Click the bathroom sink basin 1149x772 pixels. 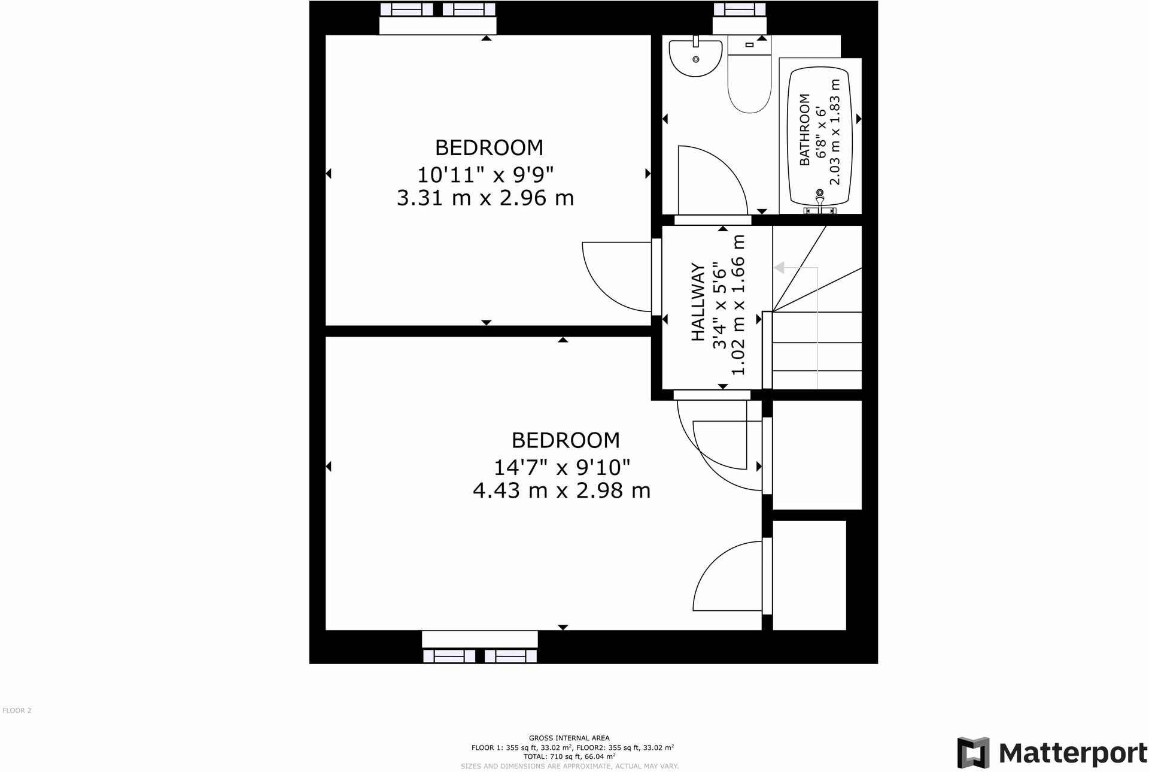695,58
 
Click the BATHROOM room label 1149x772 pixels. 805,129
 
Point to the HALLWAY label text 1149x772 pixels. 698,302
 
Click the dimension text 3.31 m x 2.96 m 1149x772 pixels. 485,198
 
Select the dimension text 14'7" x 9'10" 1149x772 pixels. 561,467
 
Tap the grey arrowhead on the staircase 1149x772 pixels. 779,268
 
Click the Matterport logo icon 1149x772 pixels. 973,752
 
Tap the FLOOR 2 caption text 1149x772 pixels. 17,710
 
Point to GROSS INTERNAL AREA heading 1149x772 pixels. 569,738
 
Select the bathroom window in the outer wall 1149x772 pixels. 739,9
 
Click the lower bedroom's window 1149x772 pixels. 479,656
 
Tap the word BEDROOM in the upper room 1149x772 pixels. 489,147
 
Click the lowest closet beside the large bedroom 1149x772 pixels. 809,575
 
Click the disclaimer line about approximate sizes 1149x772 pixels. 569,766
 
